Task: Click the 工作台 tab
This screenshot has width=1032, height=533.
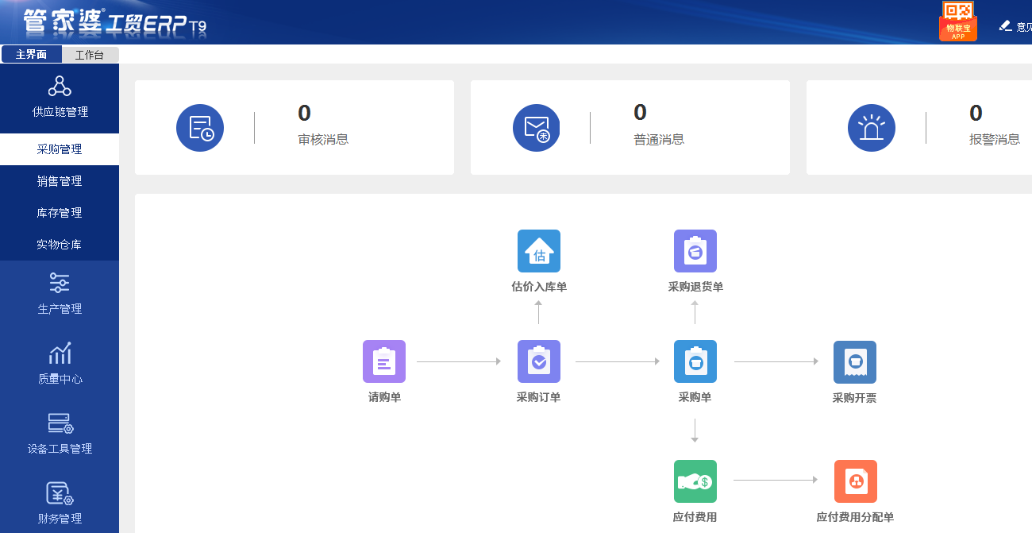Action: [x=90, y=55]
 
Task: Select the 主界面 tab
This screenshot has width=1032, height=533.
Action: [x=32, y=55]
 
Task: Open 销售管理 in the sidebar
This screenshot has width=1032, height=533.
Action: [x=60, y=181]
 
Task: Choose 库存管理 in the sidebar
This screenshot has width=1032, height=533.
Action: [x=60, y=213]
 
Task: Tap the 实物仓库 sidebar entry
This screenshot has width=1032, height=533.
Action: [x=60, y=245]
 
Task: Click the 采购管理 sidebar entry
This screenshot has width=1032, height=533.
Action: [x=60, y=149]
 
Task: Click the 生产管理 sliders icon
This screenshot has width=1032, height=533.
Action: [x=60, y=283]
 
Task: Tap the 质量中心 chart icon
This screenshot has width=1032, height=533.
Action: [x=60, y=353]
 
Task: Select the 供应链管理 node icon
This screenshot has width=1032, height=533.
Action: [x=60, y=86]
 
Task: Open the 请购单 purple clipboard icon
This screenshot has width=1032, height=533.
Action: [x=384, y=361]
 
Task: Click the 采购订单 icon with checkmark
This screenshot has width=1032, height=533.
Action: [x=539, y=361]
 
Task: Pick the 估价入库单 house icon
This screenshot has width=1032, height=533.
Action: [x=539, y=251]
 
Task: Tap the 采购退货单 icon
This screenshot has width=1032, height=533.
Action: [x=695, y=251]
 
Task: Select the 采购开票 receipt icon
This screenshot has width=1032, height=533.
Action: [x=855, y=361]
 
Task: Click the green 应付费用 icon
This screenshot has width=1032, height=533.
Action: [x=695, y=481]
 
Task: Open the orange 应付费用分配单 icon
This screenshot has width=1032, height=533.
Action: [x=856, y=481]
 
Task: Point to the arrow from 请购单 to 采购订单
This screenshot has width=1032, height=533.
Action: [x=459, y=362]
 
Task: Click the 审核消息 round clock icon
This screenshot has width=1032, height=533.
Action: [x=200, y=128]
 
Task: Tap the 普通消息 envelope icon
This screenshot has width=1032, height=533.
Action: [x=537, y=128]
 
